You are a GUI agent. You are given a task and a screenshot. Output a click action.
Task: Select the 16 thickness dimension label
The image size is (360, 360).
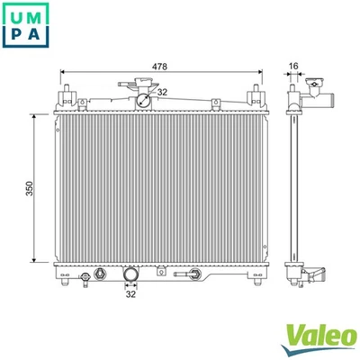pos(293,66)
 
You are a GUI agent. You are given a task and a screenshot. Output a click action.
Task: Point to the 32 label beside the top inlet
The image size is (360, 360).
pos(162,91)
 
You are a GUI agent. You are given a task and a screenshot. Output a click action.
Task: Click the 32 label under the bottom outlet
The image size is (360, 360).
pos(130,293)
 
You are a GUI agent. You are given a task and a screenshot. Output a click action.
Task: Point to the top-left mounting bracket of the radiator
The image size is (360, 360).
pos(67,94)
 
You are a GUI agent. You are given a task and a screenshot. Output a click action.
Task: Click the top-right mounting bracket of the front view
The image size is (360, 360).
pos(257,94)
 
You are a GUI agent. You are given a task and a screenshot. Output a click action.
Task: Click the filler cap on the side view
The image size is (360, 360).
pos(314,88)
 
